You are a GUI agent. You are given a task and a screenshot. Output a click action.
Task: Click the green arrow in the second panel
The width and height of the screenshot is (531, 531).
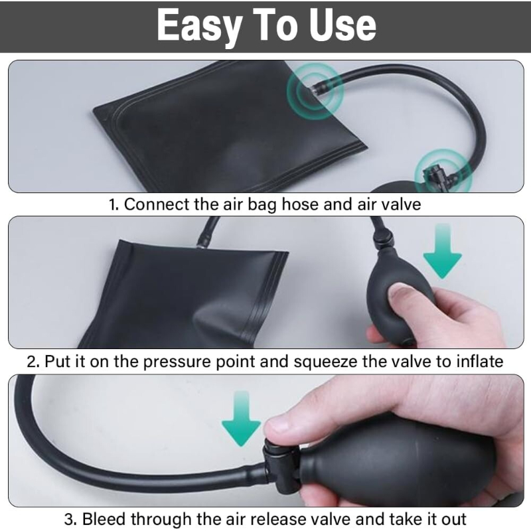tap(443, 251)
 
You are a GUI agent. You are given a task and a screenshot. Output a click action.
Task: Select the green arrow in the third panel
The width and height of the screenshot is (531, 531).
tap(241, 418)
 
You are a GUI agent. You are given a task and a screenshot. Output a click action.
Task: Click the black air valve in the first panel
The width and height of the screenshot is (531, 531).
tap(436, 175)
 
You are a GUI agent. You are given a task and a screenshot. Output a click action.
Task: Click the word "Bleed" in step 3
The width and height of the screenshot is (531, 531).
tap(104, 519)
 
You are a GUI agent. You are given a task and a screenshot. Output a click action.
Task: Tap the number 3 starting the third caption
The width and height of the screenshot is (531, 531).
tap(70, 519)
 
